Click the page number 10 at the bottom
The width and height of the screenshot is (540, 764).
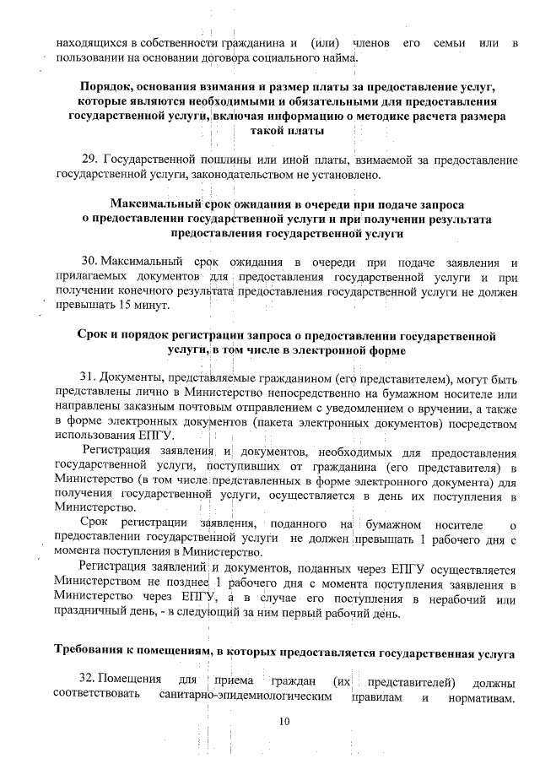coord(283,721)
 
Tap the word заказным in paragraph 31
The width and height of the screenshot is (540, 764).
coord(152,406)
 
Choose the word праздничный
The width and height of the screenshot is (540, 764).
coord(92,613)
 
